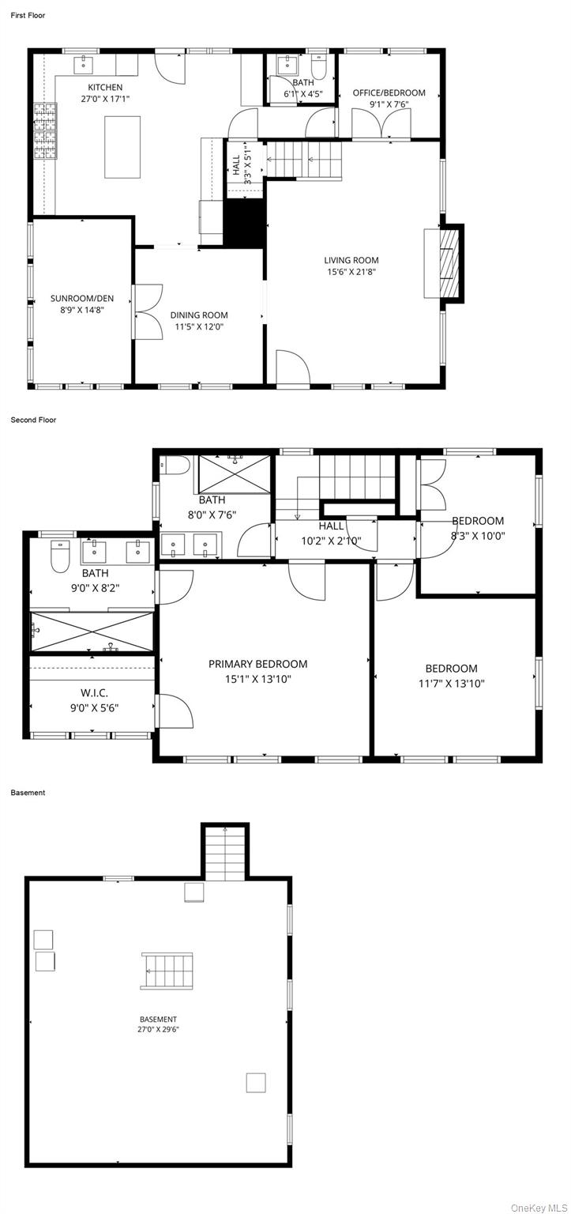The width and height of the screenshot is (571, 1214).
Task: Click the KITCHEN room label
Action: pyautogui.click(x=105, y=87)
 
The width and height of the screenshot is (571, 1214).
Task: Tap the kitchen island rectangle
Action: pyautogui.click(x=122, y=136)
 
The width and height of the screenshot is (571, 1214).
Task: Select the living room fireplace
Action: pyautogui.click(x=448, y=263)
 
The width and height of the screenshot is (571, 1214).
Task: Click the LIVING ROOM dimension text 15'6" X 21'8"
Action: pyautogui.click(x=351, y=271)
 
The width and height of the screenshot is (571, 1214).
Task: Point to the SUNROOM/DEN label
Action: pyautogui.click(x=82, y=298)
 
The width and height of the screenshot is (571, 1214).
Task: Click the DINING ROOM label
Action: pyautogui.click(x=199, y=315)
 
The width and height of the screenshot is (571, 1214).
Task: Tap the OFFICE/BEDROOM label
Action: pyautogui.click(x=389, y=92)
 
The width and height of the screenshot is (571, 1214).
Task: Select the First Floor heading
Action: pyautogui.click(x=28, y=15)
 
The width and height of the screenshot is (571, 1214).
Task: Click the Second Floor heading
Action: pyautogui.click(x=33, y=420)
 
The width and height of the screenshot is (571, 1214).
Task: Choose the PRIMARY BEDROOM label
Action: pyautogui.click(x=257, y=664)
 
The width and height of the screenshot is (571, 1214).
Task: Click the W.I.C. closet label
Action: pyautogui.click(x=94, y=693)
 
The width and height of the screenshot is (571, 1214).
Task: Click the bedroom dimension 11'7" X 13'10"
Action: pyautogui.click(x=451, y=684)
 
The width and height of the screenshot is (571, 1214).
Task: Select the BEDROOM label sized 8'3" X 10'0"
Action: pyautogui.click(x=477, y=521)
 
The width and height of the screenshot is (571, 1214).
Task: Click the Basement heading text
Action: pyautogui.click(x=28, y=792)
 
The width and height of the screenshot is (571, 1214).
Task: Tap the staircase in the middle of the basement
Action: pyautogui.click(x=167, y=971)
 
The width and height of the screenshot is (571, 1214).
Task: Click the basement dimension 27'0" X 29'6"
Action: pyautogui.click(x=158, y=1029)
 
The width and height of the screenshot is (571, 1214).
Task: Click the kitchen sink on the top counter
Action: pyautogui.click(x=85, y=63)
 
